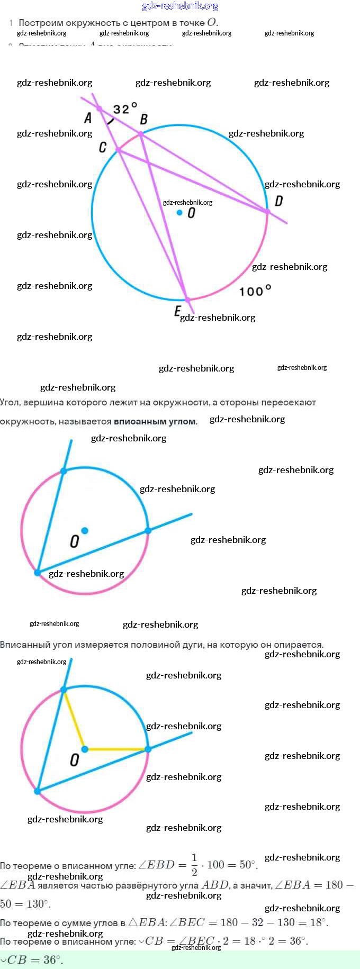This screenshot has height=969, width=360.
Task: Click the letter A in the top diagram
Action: click(x=88, y=117)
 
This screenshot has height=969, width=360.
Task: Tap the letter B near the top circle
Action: click(x=143, y=120)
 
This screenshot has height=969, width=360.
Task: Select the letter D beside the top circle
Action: click(x=278, y=201)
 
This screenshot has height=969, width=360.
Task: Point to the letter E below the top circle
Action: click(x=177, y=311)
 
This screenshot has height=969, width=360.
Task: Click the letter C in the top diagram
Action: click(x=103, y=147)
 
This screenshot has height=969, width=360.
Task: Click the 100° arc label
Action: click(x=255, y=291)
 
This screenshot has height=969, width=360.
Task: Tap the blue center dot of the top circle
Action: click(x=180, y=213)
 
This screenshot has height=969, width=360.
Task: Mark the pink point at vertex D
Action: click(x=267, y=212)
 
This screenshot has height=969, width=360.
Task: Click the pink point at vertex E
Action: click(x=187, y=300)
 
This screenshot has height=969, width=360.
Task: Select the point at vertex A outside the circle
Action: click(x=99, y=108)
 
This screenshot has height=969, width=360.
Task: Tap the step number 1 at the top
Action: click(x=11, y=23)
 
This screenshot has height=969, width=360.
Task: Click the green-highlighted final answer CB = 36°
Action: click(x=32, y=959)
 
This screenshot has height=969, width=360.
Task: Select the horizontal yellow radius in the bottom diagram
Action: click(x=116, y=749)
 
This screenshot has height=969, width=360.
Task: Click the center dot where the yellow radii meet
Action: click(x=85, y=749)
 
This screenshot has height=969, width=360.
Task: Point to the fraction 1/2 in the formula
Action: click(x=194, y=864)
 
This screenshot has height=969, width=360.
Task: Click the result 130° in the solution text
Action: click(x=37, y=903)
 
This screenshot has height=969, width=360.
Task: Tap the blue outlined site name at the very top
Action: click(x=180, y=6)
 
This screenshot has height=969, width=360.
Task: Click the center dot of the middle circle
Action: click(x=85, y=530)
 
